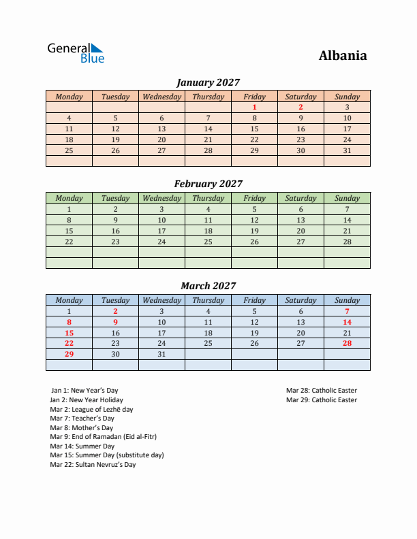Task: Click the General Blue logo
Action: click(75, 53)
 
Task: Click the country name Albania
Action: click(342, 56)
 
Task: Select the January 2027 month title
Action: click(208, 82)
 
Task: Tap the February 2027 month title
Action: click(208, 184)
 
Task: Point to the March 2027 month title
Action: click(208, 286)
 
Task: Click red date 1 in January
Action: click(254, 107)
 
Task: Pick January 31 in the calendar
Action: click(347, 150)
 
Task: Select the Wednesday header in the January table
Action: click(161, 97)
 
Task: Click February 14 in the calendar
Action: click(347, 220)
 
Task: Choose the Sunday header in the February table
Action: click(347, 198)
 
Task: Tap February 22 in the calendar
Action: click(69, 242)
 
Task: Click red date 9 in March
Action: click(115, 322)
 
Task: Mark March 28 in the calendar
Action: click(347, 344)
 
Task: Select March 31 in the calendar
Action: click(161, 355)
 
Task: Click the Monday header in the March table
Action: click(69, 300)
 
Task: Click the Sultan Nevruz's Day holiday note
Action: click(93, 465)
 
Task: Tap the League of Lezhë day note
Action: click(91, 410)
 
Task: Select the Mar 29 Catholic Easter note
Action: click(322, 400)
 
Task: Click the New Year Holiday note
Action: click(87, 400)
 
